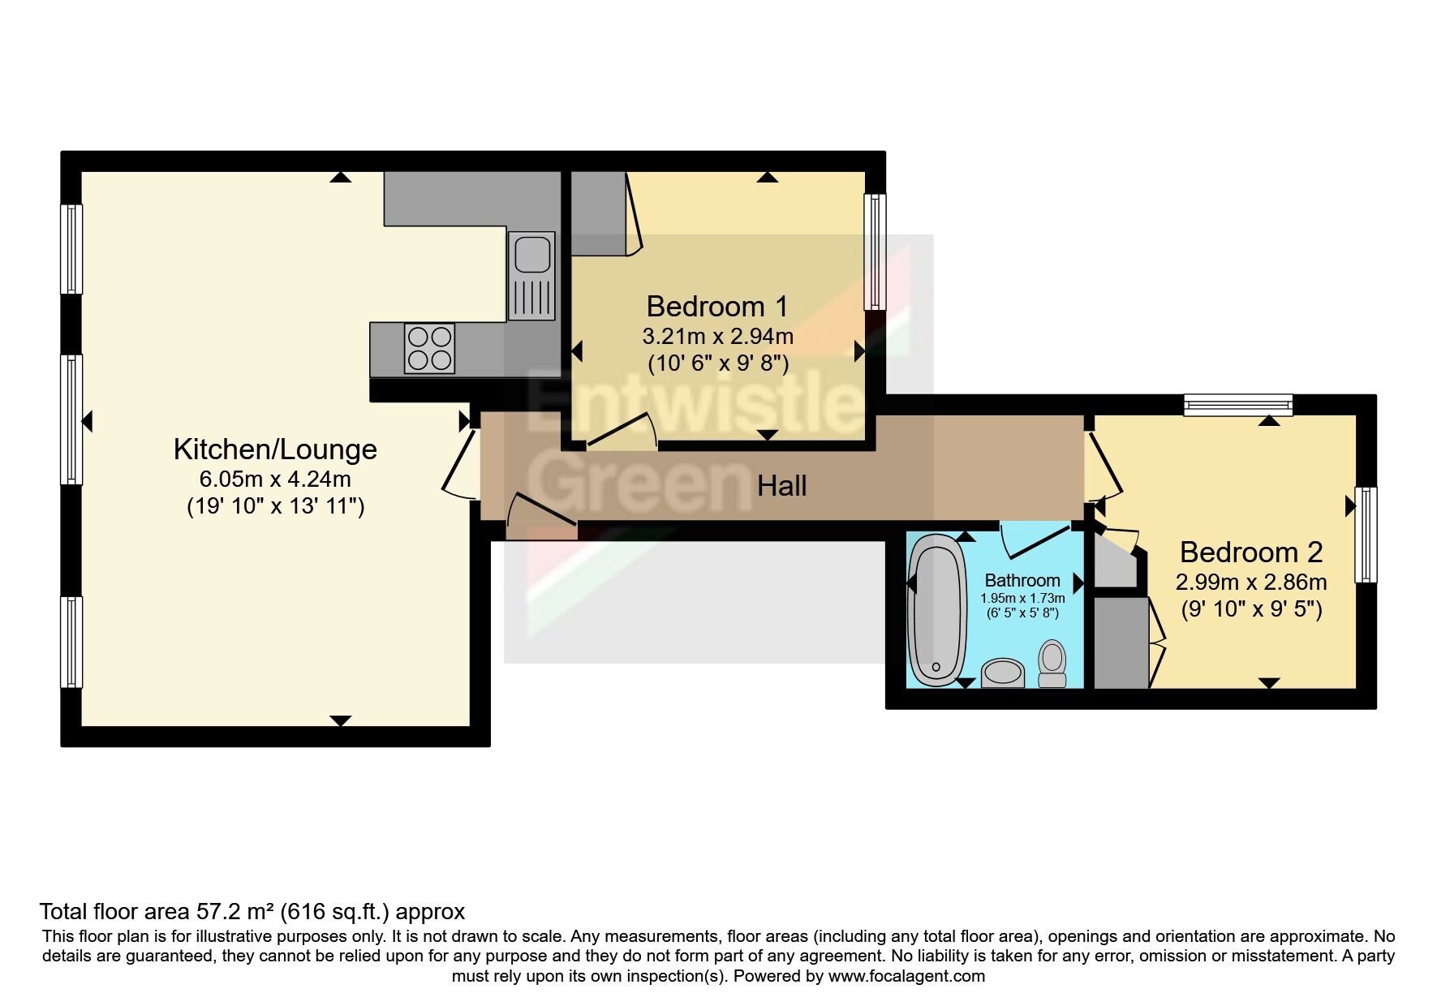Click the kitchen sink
point(531,275)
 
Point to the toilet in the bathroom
point(1052,664)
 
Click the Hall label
point(782,486)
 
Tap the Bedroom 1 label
point(717,307)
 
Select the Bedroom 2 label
point(1251,552)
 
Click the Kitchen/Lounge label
point(276,449)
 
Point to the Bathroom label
point(1022,580)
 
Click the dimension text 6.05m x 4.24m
point(275,479)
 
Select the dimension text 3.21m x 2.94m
point(718,336)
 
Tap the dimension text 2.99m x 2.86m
point(1251,582)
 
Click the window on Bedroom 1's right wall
point(875,251)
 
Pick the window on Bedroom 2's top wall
point(1237,404)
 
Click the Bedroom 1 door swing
point(622,430)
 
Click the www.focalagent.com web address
point(906,976)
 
